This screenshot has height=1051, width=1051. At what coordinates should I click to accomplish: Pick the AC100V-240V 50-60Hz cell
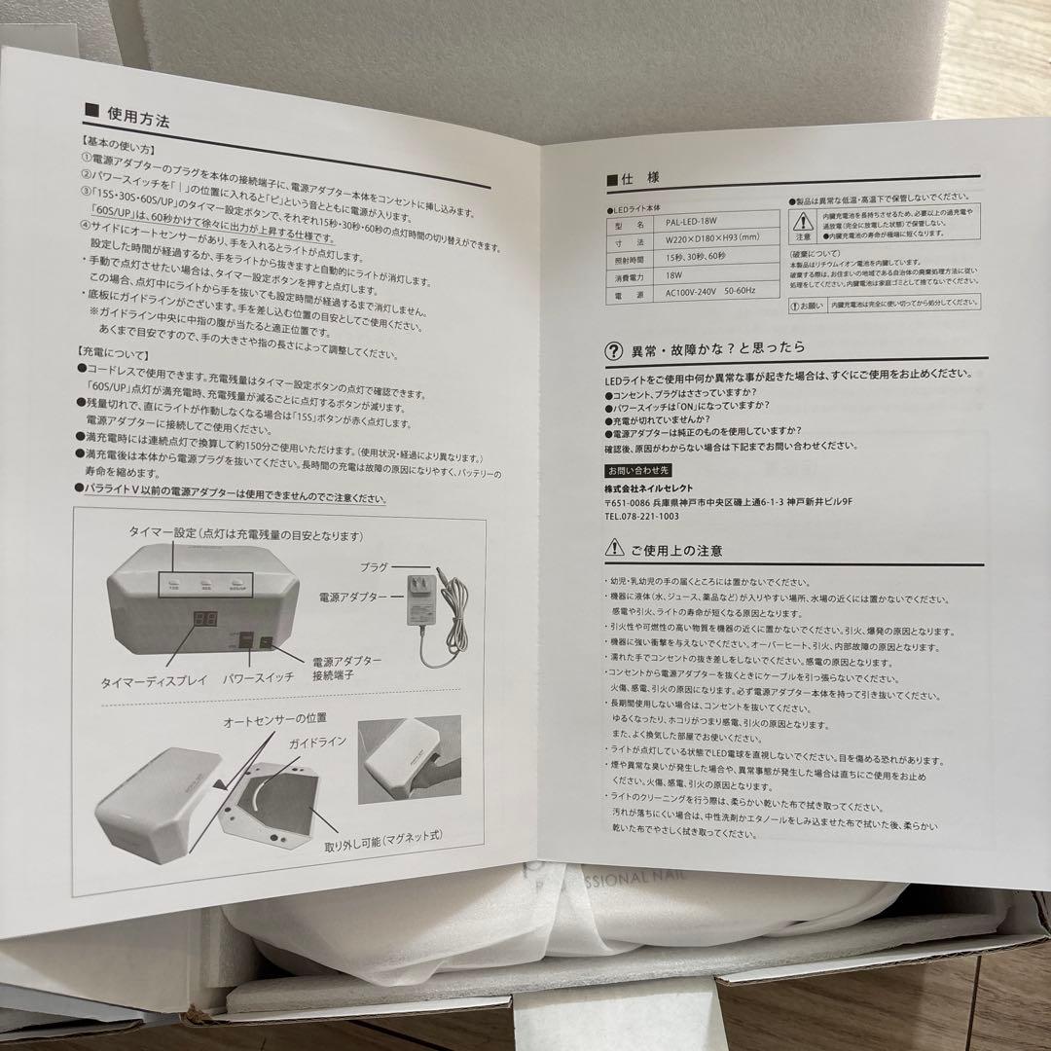click(717, 290)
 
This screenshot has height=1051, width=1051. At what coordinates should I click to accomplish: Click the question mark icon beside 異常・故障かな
click(613, 349)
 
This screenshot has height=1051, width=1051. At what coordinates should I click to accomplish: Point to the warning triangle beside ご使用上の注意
click(613, 550)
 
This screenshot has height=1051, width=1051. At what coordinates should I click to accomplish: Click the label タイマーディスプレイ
click(154, 681)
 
